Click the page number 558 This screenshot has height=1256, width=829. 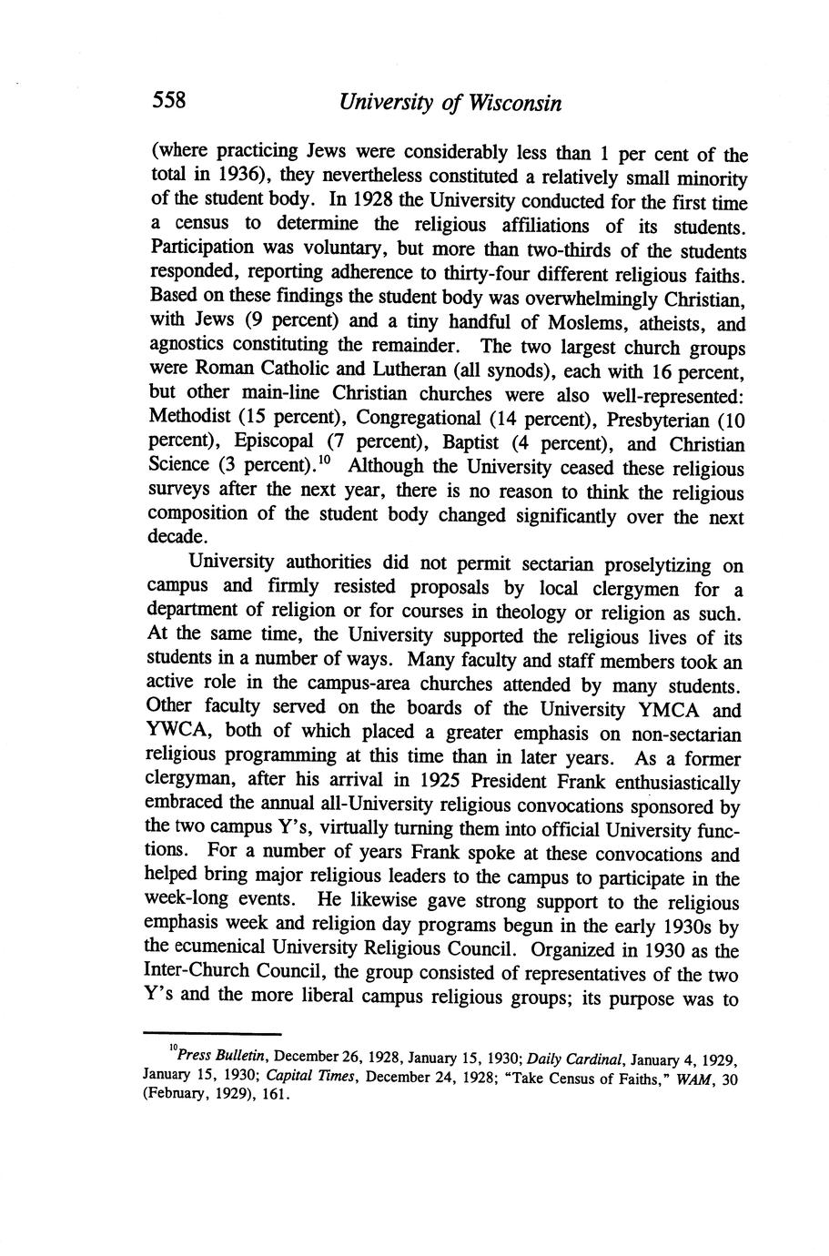[168, 100]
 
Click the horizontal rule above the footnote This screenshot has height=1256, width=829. [212, 1034]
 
